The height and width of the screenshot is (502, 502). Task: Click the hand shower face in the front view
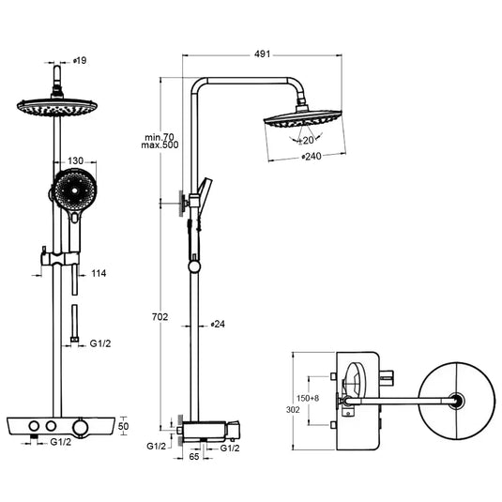coord(71,195)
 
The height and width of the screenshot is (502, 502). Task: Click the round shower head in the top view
coord(456,401)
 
